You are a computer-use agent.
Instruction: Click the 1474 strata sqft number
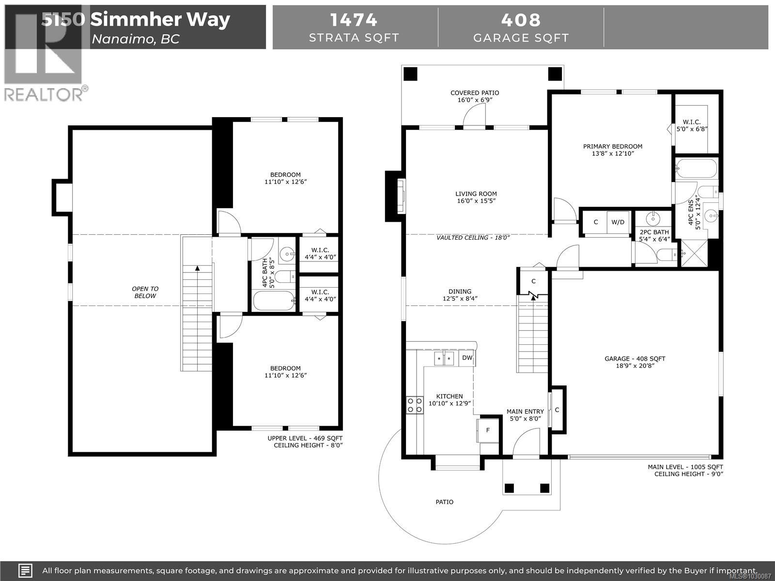(354, 20)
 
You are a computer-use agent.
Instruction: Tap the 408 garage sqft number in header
(521, 20)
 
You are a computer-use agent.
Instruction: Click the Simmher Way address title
(160, 20)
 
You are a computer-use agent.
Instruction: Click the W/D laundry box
(618, 222)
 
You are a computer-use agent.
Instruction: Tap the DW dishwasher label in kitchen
(467, 358)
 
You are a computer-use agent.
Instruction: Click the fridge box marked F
(488, 430)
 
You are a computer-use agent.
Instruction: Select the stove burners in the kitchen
(414, 405)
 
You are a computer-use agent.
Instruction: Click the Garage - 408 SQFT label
(635, 359)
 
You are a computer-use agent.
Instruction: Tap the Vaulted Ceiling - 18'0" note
(473, 238)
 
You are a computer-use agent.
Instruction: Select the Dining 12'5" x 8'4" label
(460, 295)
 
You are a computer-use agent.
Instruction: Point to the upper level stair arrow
(197, 267)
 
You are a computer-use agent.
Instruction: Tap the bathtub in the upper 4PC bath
(274, 301)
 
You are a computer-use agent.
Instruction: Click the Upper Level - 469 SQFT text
(305, 438)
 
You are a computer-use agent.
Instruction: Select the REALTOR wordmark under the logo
(44, 94)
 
